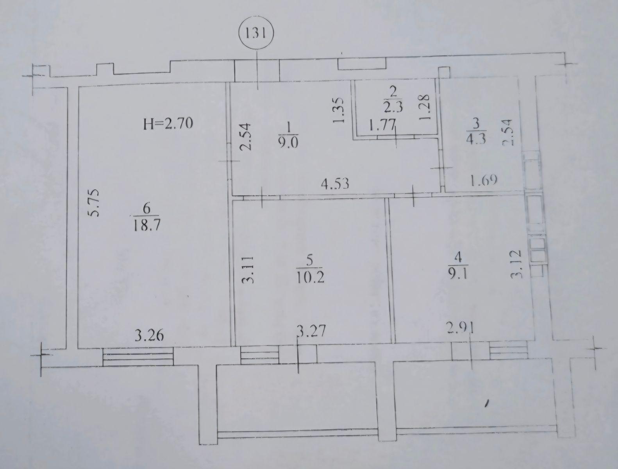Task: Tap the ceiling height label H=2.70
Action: [x=168, y=124]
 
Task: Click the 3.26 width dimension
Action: [x=149, y=336]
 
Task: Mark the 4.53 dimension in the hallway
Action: [x=335, y=184]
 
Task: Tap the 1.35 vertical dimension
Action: [x=338, y=110]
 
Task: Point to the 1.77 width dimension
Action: [x=382, y=124]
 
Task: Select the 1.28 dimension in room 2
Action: [x=424, y=107]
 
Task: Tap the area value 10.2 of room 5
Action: [x=310, y=277]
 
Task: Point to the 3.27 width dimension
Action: [x=311, y=331]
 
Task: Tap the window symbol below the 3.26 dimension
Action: [x=138, y=356]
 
